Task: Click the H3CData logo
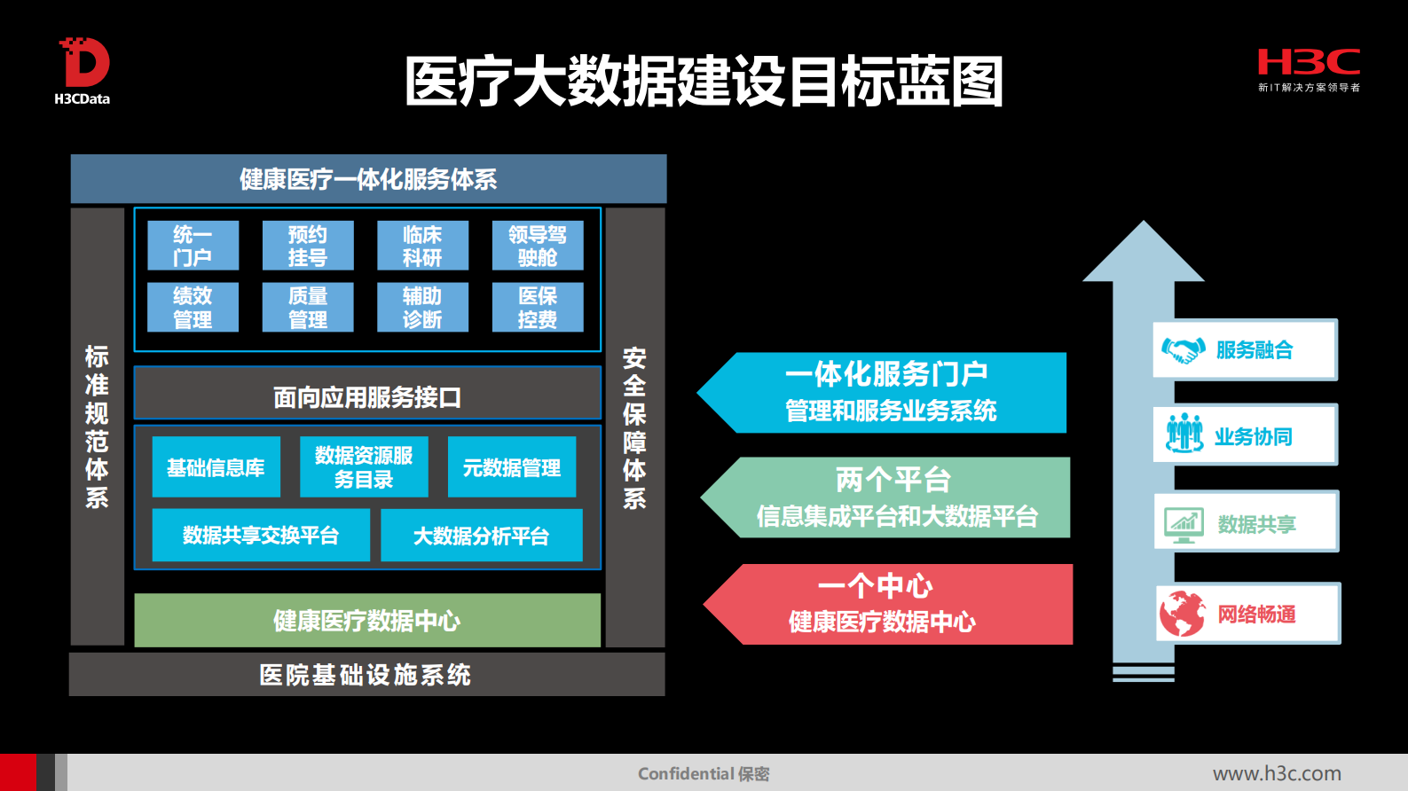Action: [x=83, y=71]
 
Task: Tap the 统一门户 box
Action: [x=193, y=246]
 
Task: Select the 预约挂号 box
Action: [x=308, y=246]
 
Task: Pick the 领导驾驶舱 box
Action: [x=538, y=246]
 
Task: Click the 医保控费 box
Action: [x=538, y=307]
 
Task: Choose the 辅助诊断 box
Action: [x=422, y=307]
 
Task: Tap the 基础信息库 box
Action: [x=216, y=467]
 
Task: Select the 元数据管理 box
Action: [x=512, y=467]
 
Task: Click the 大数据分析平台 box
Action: [x=482, y=536]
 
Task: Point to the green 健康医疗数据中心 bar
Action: [x=367, y=620]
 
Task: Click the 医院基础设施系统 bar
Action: [x=366, y=675]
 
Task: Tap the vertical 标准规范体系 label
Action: [x=97, y=427]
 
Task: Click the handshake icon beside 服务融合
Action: [x=1184, y=350]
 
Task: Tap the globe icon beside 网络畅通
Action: [x=1183, y=614]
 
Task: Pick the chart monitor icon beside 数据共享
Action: [x=1184, y=525]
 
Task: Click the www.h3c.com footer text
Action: [x=1277, y=773]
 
